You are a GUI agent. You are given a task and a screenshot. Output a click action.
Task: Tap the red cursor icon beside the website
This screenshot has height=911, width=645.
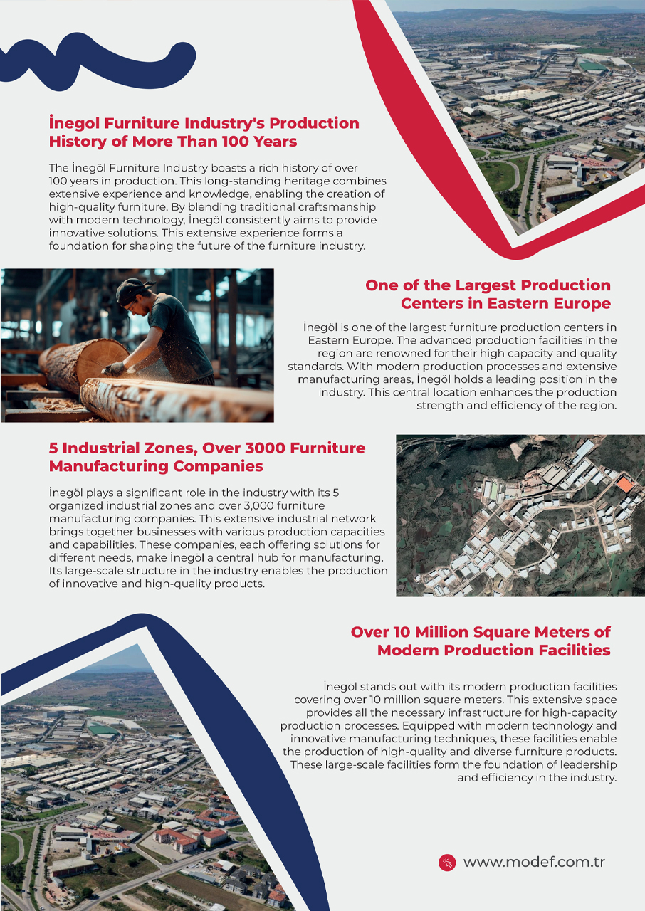click(446, 863)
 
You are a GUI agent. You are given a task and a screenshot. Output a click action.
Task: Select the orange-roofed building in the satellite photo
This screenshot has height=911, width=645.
click(624, 485)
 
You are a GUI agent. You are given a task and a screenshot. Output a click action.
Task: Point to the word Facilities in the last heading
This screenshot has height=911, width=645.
click(570, 651)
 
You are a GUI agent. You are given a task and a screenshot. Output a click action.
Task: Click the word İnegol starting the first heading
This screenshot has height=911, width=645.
click(78, 123)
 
